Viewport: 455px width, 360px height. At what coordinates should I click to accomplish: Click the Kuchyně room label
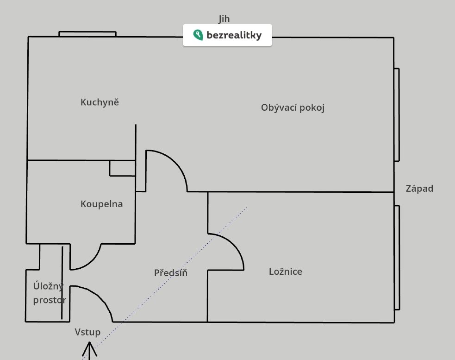(100, 102)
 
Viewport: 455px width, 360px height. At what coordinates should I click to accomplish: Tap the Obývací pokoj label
(293, 108)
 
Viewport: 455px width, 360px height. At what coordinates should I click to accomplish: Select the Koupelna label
(102, 204)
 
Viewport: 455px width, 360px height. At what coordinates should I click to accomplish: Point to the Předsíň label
(171, 273)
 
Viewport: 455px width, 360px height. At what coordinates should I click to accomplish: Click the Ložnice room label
(286, 272)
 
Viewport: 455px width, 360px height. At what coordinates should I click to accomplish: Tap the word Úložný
(48, 286)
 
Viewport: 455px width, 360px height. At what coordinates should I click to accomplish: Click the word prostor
(50, 300)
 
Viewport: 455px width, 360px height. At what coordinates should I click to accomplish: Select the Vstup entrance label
(87, 332)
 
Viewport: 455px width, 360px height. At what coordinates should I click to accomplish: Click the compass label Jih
(224, 19)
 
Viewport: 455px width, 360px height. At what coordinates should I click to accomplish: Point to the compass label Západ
(419, 189)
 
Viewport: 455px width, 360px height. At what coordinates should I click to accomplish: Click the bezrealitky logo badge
(227, 36)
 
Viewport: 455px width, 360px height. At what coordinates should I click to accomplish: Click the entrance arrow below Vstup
(90, 350)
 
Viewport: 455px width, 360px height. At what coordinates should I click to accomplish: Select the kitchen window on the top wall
(87, 34)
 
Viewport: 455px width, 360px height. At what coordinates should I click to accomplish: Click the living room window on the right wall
(397, 114)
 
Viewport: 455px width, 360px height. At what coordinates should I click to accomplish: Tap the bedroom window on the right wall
(397, 257)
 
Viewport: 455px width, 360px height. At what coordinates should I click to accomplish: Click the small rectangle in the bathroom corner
(122, 168)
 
